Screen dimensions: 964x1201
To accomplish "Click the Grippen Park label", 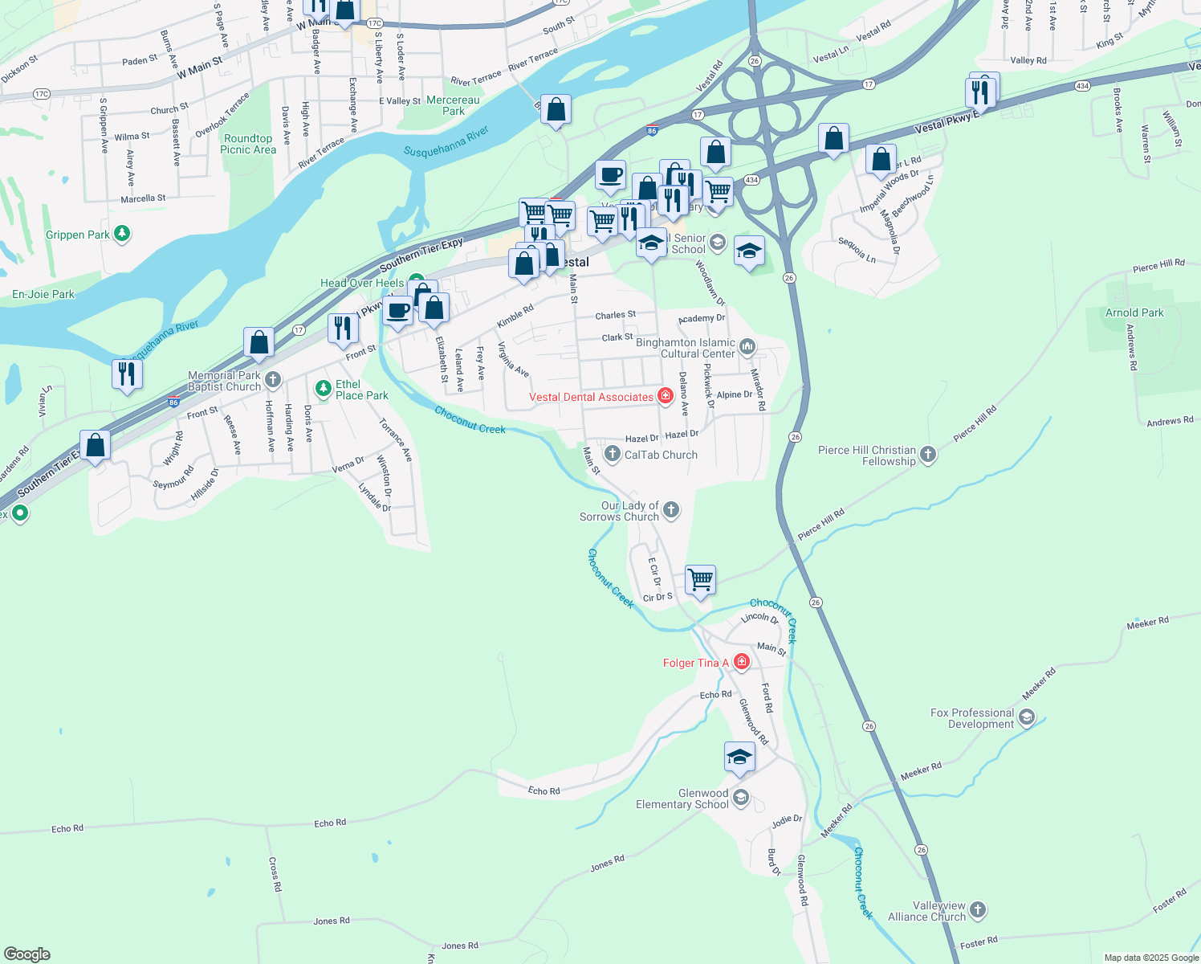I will (x=78, y=235).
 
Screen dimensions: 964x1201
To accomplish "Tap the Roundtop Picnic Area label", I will (x=248, y=144).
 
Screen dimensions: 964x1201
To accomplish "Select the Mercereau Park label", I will (x=453, y=105).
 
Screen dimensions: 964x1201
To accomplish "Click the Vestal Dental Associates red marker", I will (x=665, y=396).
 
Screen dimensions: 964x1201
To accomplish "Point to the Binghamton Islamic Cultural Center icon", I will (x=747, y=347).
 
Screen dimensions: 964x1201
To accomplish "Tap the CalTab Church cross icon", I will (x=612, y=455).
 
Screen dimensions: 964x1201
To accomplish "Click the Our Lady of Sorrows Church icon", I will (x=671, y=509).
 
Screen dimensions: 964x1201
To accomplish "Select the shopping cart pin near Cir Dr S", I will (x=701, y=579).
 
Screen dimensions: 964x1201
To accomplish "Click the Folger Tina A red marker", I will (x=742, y=662).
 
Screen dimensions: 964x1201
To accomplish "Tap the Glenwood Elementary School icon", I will (x=741, y=798).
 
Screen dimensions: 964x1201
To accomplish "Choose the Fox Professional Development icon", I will (x=1026, y=717).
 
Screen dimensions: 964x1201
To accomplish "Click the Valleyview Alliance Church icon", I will (x=977, y=910).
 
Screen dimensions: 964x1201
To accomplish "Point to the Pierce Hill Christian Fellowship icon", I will (x=927, y=455).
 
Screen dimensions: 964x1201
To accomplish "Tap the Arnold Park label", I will (x=1134, y=312).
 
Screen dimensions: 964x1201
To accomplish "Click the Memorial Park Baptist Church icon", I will (x=273, y=380).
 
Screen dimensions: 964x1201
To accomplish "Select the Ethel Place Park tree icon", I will (x=323, y=389).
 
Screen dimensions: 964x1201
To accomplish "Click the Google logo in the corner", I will (x=26, y=954).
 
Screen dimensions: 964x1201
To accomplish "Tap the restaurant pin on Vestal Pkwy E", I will (x=980, y=92).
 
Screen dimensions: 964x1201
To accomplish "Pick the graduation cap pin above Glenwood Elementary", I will (x=739, y=758).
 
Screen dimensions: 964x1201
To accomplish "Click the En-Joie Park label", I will (x=43, y=294).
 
